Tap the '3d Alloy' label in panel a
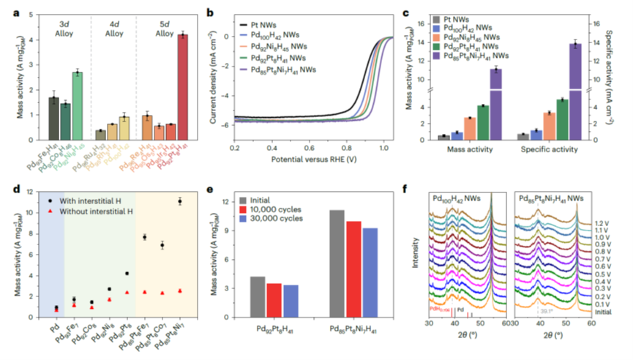point(65,29)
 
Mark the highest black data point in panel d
point(179,201)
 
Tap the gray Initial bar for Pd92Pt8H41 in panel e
point(257,297)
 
